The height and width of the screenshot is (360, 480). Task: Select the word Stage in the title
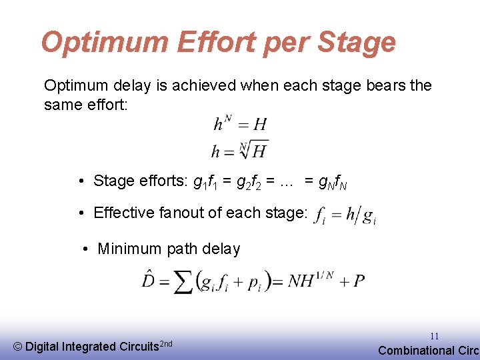[357, 43]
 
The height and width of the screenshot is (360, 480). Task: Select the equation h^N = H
[240, 123]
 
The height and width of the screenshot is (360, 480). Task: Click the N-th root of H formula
[240, 150]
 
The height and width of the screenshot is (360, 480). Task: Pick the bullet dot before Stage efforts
[80, 181]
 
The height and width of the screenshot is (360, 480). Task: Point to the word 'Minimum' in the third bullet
[129, 249]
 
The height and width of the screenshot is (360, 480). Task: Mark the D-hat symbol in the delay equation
[149, 279]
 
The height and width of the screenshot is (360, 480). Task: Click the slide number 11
[434, 336]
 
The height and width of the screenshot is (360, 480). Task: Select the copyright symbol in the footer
[18, 346]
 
